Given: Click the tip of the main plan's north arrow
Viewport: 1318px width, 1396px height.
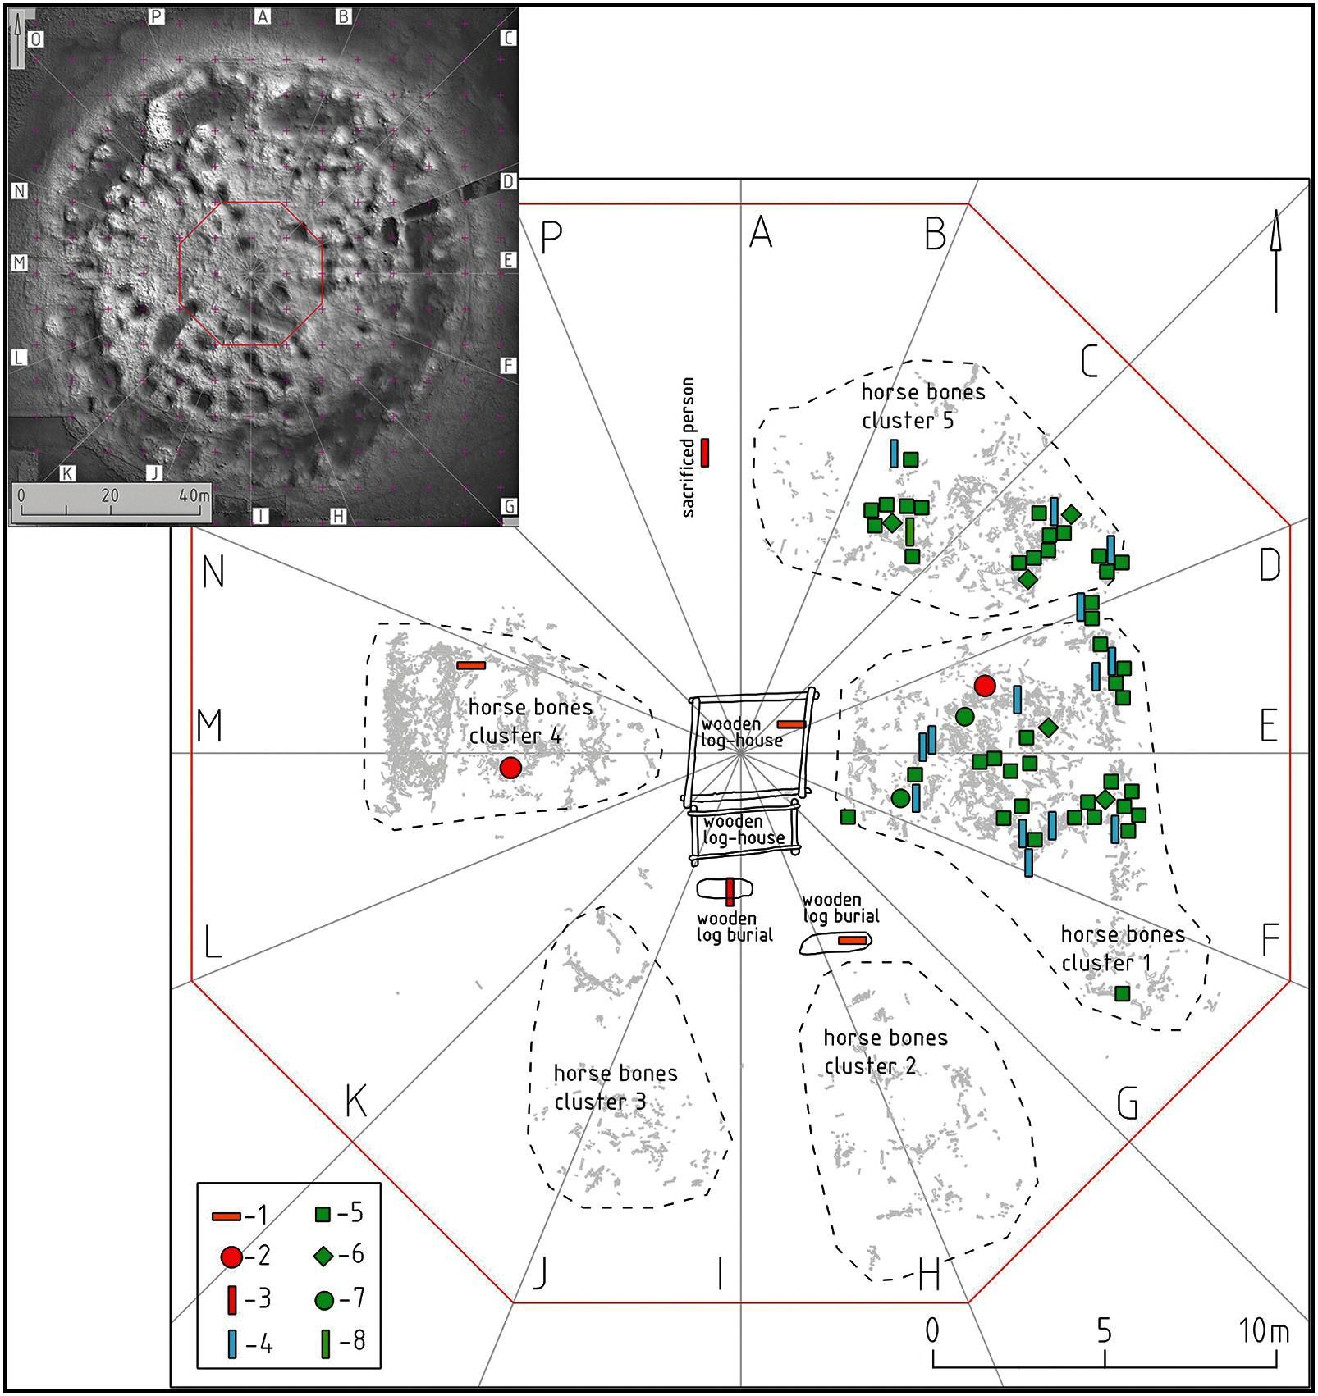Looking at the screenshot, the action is click(x=1275, y=209).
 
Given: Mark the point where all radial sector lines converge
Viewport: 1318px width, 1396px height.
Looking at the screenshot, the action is click(x=741, y=753).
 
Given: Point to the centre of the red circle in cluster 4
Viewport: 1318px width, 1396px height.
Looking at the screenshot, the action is click(x=510, y=768).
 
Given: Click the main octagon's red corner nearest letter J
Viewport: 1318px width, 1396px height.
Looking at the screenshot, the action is click(x=514, y=1302).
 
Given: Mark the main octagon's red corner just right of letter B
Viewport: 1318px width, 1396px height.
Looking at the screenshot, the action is click(x=969, y=204).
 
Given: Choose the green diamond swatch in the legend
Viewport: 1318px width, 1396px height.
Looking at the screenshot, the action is click(x=327, y=1255).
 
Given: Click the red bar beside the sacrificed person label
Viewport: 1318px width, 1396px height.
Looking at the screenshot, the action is click(x=705, y=452).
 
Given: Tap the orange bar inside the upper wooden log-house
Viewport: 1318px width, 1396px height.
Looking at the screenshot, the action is click(x=791, y=724).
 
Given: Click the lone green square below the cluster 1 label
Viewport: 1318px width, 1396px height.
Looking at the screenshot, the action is click(x=1123, y=992).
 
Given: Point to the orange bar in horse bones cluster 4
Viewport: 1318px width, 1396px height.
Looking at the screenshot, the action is click(x=471, y=665).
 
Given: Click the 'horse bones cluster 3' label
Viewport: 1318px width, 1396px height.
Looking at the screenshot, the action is click(x=616, y=1088).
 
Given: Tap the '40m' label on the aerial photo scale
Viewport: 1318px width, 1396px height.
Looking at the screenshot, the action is click(x=194, y=496).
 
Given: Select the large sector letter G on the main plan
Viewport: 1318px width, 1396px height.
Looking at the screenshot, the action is click(x=1128, y=1106).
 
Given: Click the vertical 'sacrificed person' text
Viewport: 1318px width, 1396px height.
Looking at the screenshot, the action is click(x=688, y=447).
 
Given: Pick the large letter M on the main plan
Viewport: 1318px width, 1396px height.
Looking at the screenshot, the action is click(x=210, y=726).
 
